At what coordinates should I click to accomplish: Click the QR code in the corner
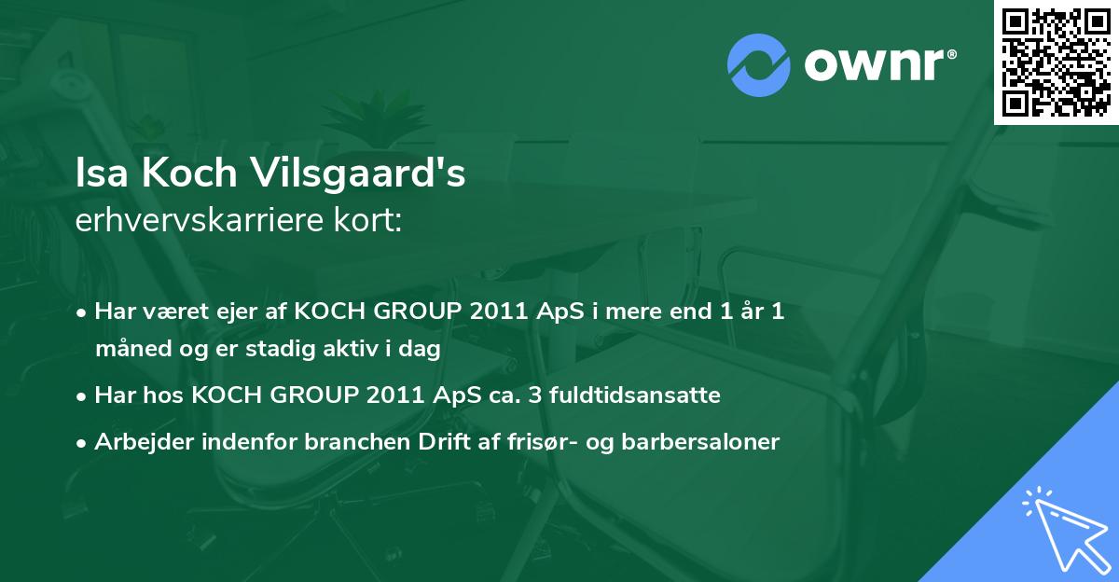point(1056,62)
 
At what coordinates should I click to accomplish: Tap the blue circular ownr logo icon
point(759,64)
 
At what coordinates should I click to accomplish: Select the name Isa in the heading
point(99,174)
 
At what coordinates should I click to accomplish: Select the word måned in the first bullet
point(126,351)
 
